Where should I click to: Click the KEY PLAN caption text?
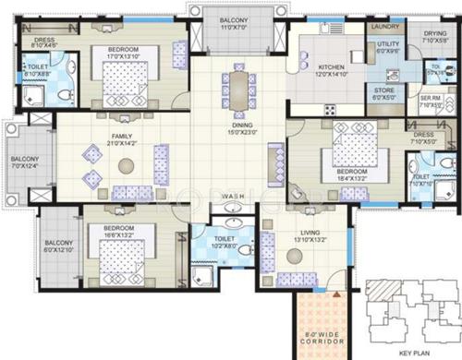409,352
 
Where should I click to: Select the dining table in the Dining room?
236,90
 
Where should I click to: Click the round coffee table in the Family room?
126,165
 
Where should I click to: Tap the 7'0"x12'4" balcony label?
24,163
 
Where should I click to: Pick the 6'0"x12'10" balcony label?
60,244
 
